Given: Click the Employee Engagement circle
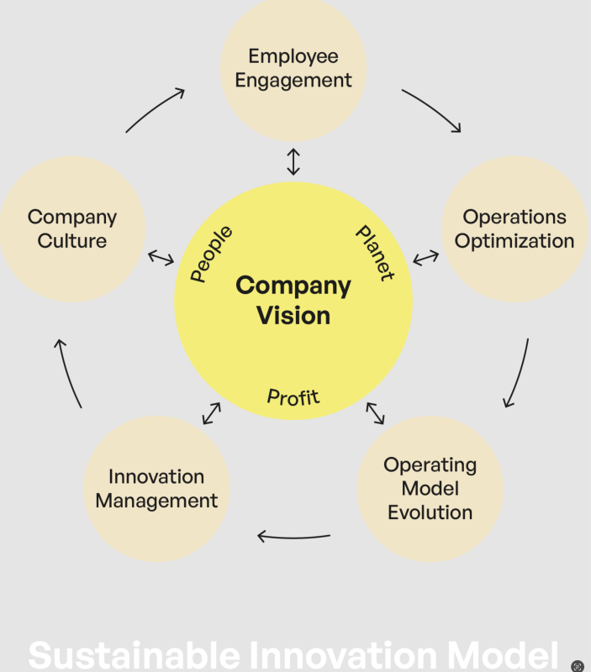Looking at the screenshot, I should click(293, 69).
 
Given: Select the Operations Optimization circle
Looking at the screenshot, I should click(514, 228).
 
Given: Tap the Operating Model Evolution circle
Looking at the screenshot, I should click(430, 488).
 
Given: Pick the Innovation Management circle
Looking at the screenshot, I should click(156, 489).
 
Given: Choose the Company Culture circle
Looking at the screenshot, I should click(72, 228).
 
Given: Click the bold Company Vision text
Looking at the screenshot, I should click(293, 300).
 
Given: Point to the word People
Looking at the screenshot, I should click(211, 254).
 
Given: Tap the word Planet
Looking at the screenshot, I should click(374, 253).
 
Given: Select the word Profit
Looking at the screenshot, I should click(293, 396).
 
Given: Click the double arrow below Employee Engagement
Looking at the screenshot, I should click(293, 161).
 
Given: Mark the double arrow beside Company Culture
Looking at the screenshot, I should click(161, 257).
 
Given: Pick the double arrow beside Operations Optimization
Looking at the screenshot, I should click(425, 257).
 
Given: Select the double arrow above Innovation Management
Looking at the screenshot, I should click(211, 413).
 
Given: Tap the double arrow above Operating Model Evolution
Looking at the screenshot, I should click(375, 413).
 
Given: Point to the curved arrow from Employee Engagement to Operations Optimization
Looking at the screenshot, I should click(431, 109).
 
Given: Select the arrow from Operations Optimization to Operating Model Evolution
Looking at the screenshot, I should click(518, 373).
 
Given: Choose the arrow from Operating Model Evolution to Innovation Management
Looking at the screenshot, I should click(293, 536).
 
